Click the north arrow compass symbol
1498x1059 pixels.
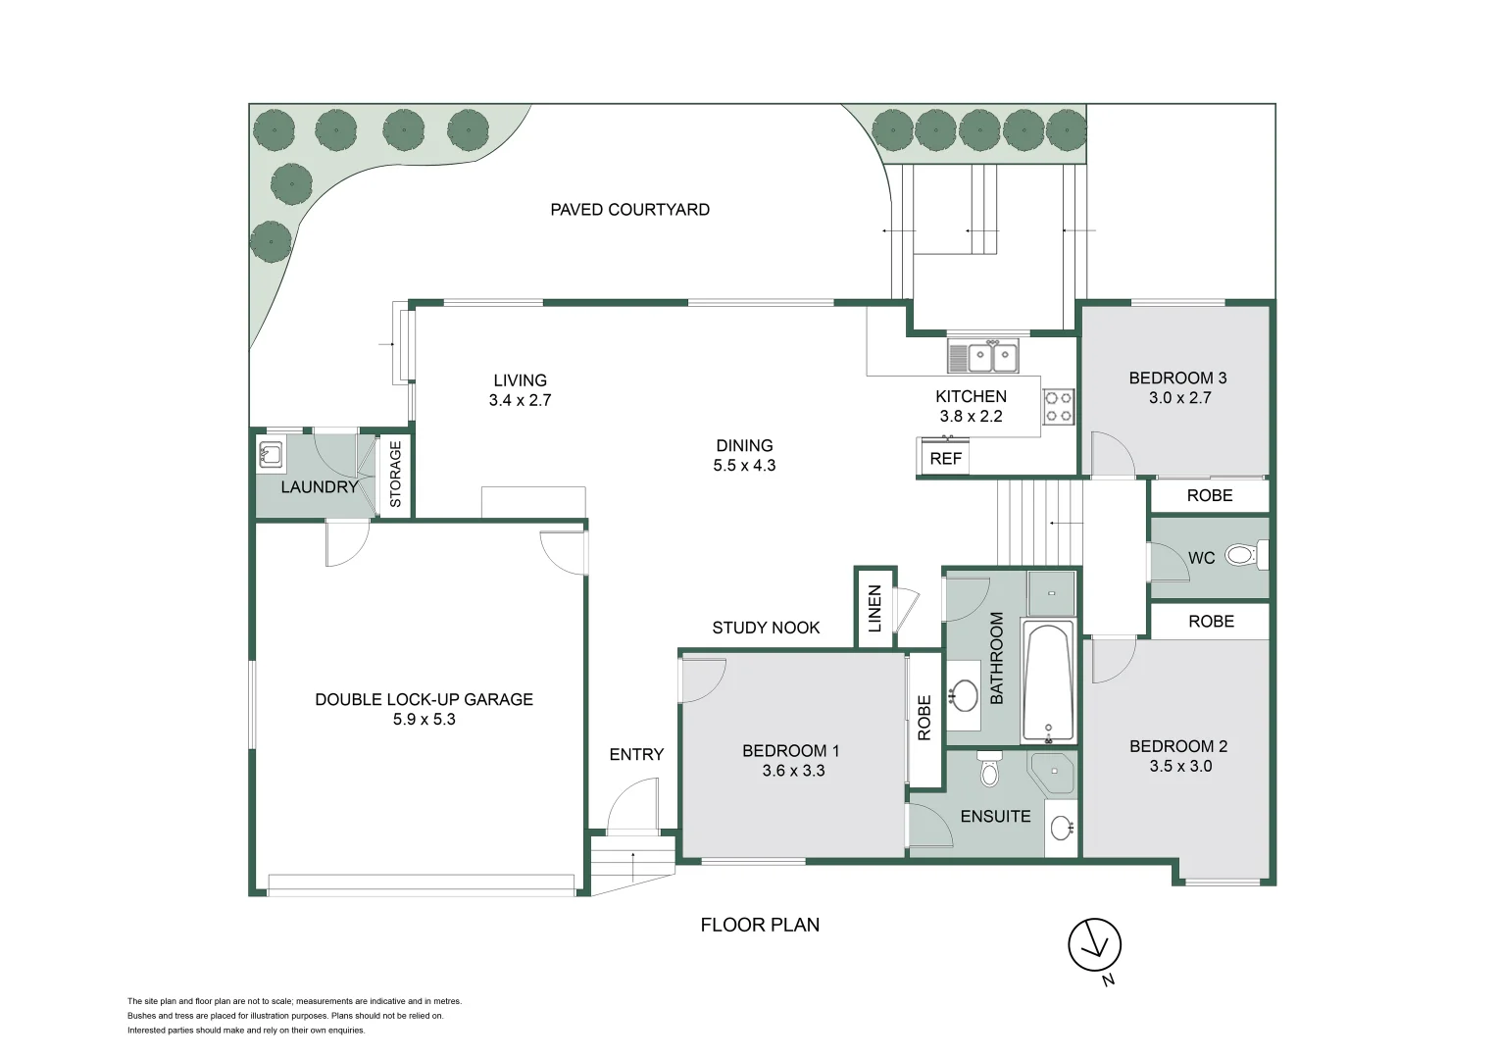1094,945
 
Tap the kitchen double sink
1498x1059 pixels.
983,357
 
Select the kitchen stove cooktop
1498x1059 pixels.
1058,407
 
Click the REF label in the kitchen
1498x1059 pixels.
945,459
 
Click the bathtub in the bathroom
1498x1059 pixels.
1048,681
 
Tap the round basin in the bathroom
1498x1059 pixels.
965,696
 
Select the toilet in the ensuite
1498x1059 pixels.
989,770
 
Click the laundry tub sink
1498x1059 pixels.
271,454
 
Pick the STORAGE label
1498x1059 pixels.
396,475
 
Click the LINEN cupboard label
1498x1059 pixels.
875,608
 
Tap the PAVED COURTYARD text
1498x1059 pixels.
629,210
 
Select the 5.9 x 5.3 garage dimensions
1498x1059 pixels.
424,720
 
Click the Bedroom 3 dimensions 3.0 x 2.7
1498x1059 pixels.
1179,398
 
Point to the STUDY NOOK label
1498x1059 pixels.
766,629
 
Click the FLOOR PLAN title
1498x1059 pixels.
760,925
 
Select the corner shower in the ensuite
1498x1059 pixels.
1054,772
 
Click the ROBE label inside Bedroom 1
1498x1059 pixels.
924,718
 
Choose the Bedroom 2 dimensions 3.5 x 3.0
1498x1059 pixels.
1179,767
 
